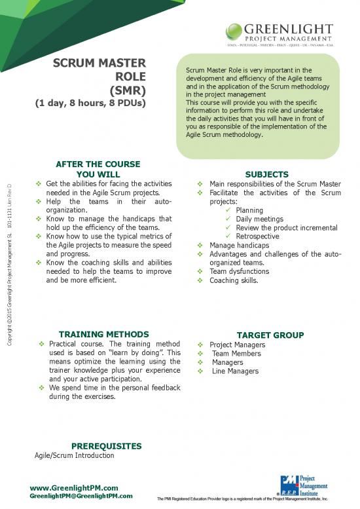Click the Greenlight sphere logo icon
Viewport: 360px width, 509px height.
point(236,30)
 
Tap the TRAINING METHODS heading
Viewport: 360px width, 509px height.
point(103,334)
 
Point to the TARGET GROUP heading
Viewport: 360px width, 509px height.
point(270,335)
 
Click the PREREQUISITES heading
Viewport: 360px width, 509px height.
point(106,445)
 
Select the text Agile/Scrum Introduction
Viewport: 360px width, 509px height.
point(74,455)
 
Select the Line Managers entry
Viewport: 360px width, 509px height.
point(235,371)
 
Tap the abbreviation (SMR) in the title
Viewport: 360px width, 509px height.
point(128,89)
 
